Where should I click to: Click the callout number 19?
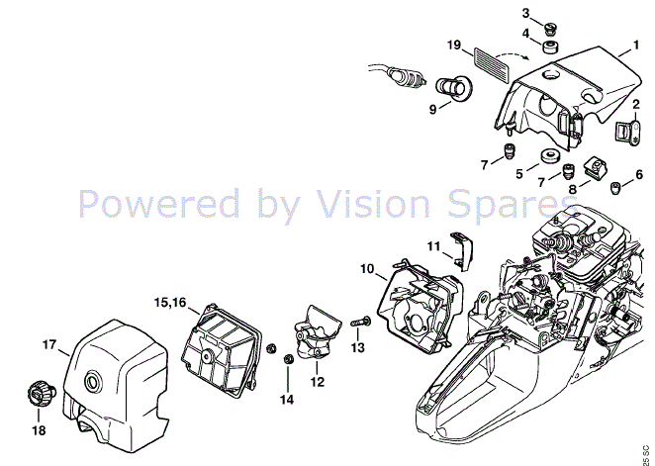[454, 45]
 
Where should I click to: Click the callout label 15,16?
[170, 303]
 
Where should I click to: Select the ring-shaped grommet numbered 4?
[552, 47]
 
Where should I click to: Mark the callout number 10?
[368, 269]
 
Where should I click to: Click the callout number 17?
[48, 345]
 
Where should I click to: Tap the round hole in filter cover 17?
[93, 381]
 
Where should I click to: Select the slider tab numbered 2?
[628, 133]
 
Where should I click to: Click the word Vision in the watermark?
[372, 203]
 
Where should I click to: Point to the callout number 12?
[318, 382]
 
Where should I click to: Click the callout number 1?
[636, 45]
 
